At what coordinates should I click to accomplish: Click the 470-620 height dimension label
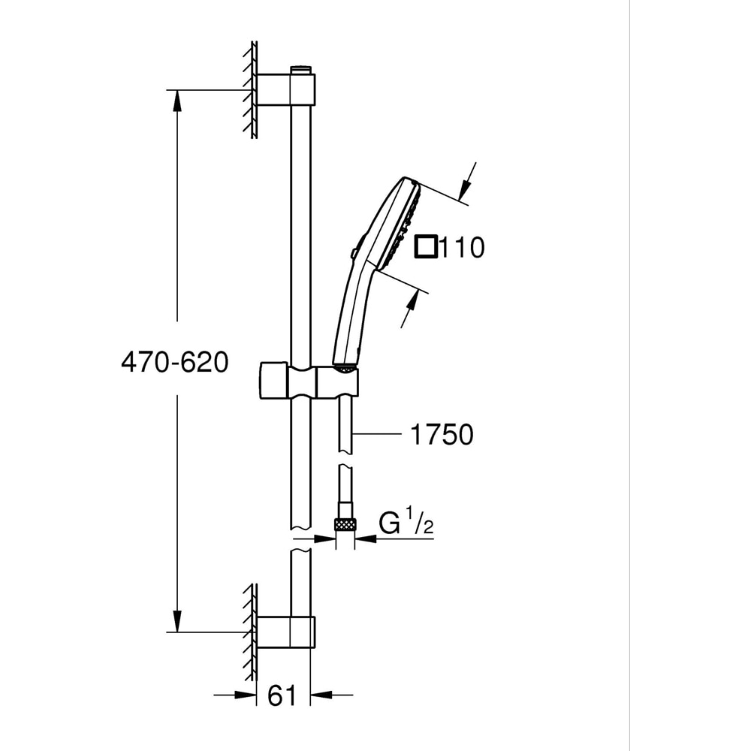(174, 363)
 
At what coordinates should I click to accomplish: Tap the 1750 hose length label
(442, 434)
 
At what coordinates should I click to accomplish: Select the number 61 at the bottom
(281, 696)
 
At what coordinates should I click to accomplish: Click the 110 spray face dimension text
(462, 247)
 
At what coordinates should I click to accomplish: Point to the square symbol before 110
(427, 246)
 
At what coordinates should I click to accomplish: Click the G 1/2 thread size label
(406, 524)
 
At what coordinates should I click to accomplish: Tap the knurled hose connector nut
(345, 524)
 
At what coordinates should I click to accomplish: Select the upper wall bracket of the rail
(285, 89)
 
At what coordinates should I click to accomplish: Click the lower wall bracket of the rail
(285, 632)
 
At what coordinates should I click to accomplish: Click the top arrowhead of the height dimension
(177, 101)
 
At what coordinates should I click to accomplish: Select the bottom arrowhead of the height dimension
(177, 620)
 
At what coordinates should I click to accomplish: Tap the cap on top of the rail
(300, 70)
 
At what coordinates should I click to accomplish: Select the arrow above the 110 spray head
(469, 179)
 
